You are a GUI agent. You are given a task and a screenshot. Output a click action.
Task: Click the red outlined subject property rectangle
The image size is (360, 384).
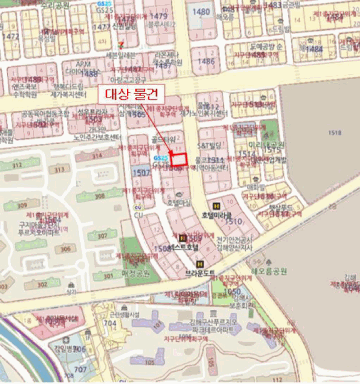pos(179,159)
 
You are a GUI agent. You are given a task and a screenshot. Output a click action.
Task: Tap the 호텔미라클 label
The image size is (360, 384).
pos(217,214)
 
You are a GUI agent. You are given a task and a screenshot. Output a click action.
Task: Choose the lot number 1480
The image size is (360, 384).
pos(202,11)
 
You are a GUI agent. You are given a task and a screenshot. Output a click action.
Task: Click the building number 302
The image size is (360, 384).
pos(42,285)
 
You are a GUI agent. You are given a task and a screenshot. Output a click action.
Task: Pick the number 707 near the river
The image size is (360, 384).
pos(80,369)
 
